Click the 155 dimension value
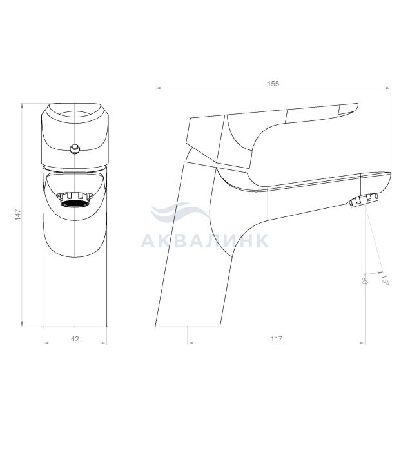pyautogui.click(x=273, y=84)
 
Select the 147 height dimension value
pyautogui.click(x=18, y=215)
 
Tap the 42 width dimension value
pyautogui.click(x=75, y=339)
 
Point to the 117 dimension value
pyautogui.click(x=277, y=339)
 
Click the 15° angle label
pyautogui.click(x=385, y=280)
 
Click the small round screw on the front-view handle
pyautogui.click(x=75, y=148)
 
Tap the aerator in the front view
pyautogui.click(x=75, y=200)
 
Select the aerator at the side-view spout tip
pyautogui.click(x=363, y=200)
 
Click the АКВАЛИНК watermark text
pyautogui.click(x=205, y=240)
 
